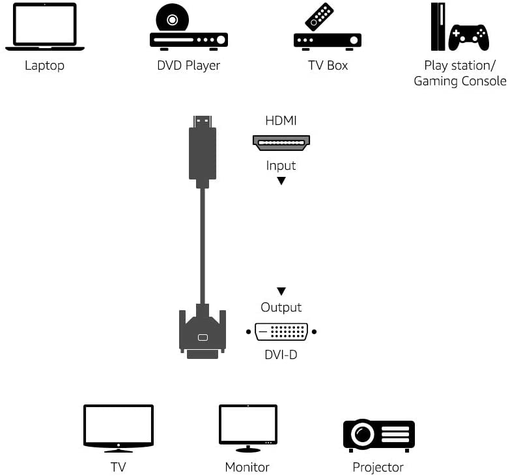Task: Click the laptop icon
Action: [44, 27]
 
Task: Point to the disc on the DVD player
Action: [172, 20]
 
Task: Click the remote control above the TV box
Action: [319, 16]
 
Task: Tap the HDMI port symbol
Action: [281, 142]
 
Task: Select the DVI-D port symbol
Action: [281, 331]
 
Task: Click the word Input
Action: [281, 165]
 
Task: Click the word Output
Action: [281, 307]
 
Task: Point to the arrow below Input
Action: [281, 181]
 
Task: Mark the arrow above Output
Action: [281, 291]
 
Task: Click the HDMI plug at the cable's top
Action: [203, 150]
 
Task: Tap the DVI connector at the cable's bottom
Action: [203, 333]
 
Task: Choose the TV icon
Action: [119, 427]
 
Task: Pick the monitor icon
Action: [248, 427]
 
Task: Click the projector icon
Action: [378, 434]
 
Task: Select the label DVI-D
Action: [281, 355]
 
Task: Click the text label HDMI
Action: [281, 120]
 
